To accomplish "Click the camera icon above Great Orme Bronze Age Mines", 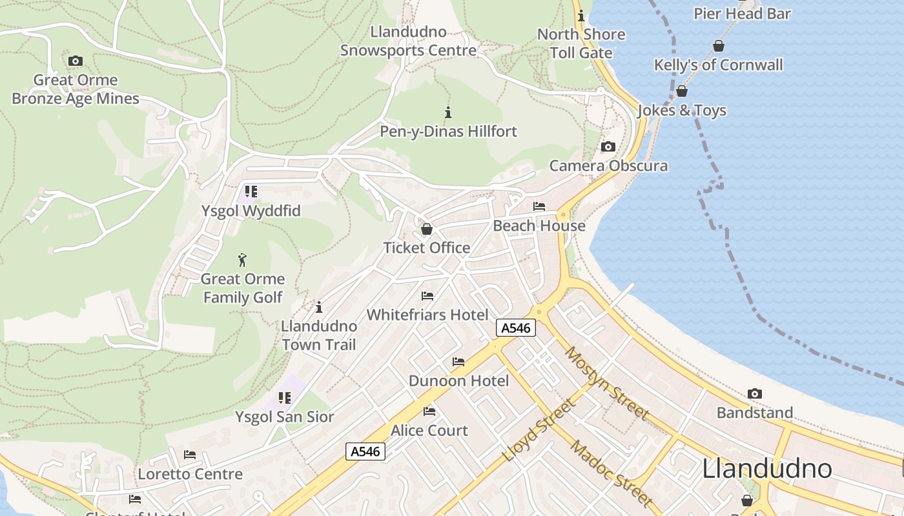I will (76, 61).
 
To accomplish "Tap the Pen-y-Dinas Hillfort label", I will (448, 132).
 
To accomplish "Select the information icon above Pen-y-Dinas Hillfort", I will (448, 112).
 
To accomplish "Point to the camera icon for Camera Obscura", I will (608, 147).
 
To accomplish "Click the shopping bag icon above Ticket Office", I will (426, 229).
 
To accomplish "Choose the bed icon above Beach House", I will (539, 206).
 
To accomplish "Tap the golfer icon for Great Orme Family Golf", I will (242, 260).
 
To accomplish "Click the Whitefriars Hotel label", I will (427, 315).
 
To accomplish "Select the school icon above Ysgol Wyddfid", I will (251, 192).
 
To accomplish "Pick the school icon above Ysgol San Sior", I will (285, 398).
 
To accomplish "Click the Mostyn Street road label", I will (607, 383).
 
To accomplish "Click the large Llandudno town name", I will (766, 468).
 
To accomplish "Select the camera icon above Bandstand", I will (754, 394).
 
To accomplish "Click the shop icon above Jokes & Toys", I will (682, 91).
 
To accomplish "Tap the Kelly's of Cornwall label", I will (718, 65).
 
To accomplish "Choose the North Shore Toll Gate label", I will (581, 43).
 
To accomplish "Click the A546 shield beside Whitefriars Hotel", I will (516, 328).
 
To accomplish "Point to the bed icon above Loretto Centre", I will (190, 455).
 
